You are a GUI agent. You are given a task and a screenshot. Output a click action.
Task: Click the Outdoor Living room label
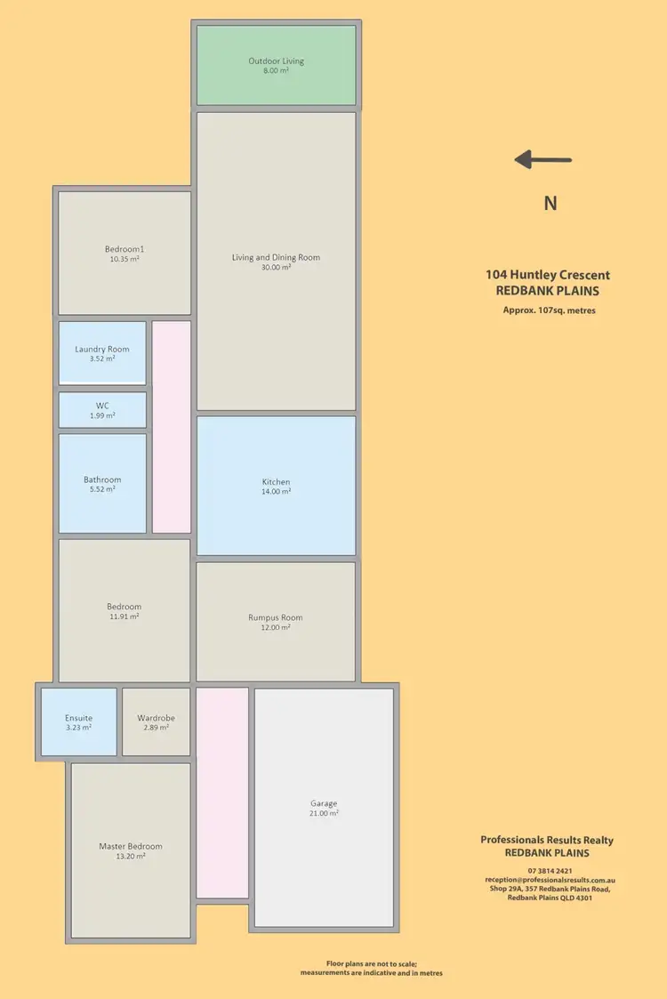click(x=276, y=61)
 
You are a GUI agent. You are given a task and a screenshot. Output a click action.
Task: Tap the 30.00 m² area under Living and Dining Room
click(x=276, y=267)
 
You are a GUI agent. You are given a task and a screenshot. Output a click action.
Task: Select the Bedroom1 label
click(x=124, y=249)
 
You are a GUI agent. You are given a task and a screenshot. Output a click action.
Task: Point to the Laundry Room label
click(x=102, y=349)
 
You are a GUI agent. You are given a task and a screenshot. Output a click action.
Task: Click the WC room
click(x=102, y=410)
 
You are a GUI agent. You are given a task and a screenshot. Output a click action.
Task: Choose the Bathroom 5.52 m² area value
click(x=102, y=489)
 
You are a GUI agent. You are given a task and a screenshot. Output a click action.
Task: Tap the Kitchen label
click(x=276, y=482)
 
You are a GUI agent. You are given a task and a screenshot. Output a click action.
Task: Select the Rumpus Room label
click(x=276, y=617)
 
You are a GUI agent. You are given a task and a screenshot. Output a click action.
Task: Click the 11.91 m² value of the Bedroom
click(x=124, y=616)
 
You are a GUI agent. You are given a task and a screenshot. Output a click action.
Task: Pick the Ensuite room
click(x=78, y=721)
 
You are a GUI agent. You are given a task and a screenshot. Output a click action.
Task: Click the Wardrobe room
click(x=156, y=721)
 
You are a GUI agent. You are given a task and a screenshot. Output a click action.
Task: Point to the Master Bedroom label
click(x=130, y=846)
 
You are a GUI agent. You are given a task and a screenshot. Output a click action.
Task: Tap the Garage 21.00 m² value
click(x=324, y=813)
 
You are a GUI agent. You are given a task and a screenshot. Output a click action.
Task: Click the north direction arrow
click(x=543, y=160)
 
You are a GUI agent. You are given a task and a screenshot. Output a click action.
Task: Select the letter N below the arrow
click(x=550, y=203)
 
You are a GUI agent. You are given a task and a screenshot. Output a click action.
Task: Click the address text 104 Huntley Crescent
click(x=547, y=276)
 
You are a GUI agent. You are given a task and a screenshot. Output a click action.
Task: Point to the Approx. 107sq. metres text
click(x=549, y=310)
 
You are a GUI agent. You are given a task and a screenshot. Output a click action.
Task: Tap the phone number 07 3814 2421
click(x=549, y=870)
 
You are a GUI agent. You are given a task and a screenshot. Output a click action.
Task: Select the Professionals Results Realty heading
click(x=547, y=840)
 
